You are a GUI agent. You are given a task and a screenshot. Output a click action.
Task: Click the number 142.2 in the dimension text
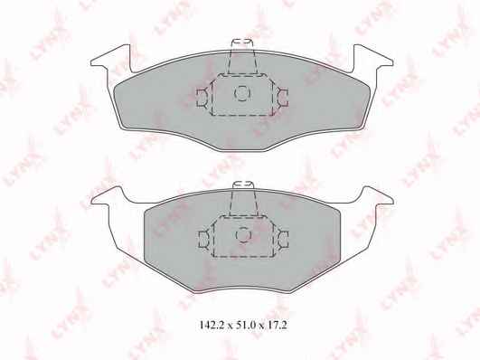click(x=211, y=325)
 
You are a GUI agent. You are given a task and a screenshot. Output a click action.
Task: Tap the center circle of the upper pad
click(x=242, y=93)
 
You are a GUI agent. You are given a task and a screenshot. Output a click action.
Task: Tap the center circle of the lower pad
click(x=243, y=234)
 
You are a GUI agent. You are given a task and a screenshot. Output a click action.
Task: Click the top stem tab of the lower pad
click(x=244, y=198)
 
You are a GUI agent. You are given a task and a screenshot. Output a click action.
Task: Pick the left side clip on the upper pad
click(x=202, y=98)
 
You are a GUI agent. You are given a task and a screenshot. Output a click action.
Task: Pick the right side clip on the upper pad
click(x=282, y=98)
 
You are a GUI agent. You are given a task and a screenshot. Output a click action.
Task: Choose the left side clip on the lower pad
click(x=204, y=239)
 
